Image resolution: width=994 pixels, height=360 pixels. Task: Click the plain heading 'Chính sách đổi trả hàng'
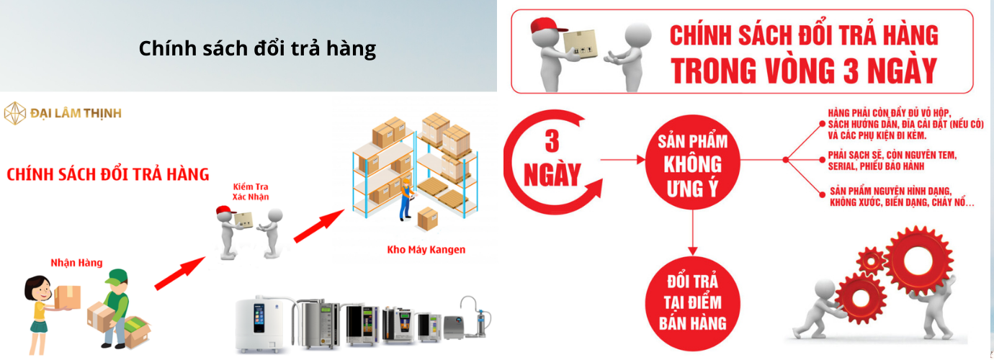pyautogui.click(x=257, y=48)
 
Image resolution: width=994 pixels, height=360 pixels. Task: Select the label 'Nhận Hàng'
pyautogui.click(x=71, y=263)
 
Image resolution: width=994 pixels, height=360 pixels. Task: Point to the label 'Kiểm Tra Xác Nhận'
pyautogui.click(x=250, y=191)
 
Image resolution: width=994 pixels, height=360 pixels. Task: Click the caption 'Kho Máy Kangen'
pyautogui.click(x=426, y=250)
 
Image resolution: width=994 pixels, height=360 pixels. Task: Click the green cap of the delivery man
pyautogui.click(x=116, y=276)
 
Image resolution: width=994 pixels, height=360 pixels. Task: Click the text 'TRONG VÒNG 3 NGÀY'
pyautogui.click(x=804, y=71)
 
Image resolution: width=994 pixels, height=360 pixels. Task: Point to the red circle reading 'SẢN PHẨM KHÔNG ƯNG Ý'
pyautogui.click(x=690, y=161)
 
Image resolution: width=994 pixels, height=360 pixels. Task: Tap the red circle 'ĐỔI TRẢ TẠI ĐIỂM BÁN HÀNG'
pyautogui.click(x=690, y=303)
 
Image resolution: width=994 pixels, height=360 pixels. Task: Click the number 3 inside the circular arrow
pyautogui.click(x=552, y=140)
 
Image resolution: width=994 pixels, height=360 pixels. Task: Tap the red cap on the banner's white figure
pyautogui.click(x=544, y=27)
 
